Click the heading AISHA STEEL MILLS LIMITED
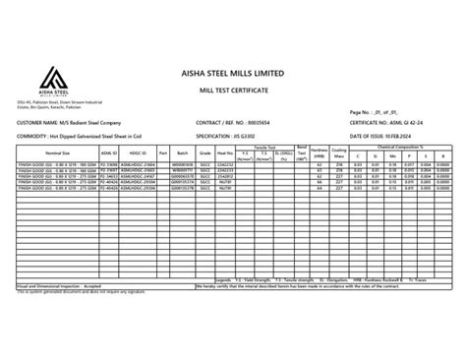232,74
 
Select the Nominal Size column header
57,154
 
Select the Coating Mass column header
339,154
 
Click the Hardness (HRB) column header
320,154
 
